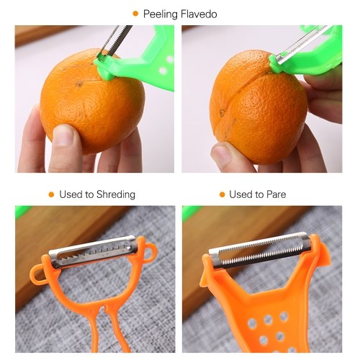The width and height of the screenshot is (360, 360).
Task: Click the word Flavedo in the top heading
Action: (199, 14)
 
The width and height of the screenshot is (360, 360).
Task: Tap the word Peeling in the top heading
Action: (161, 14)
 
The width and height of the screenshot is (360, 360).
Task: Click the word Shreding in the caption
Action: (116, 194)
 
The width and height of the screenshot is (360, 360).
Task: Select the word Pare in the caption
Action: (276, 194)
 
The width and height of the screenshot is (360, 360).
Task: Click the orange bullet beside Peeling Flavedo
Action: (135, 14)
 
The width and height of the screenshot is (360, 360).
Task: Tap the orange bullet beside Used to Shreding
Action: (51, 194)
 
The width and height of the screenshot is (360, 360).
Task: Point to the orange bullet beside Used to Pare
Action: (222, 194)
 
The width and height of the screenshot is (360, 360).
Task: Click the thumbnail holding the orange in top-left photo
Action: (64, 135)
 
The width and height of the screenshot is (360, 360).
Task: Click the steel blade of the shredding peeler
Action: (92, 251)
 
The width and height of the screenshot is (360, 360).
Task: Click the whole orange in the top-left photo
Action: (92, 101)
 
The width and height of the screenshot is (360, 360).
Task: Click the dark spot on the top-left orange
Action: (78, 84)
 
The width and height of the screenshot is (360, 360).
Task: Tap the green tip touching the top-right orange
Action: (276, 64)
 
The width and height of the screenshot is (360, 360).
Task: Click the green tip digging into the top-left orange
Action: (106, 71)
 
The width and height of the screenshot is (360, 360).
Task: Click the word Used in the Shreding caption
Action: (71, 194)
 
